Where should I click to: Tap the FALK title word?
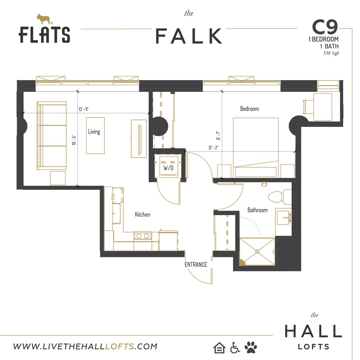pyautogui.click(x=189, y=36)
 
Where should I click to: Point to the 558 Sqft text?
pyautogui.click(x=331, y=53)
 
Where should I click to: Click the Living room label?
pyautogui.click(x=94, y=131)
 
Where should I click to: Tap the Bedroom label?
pyautogui.click(x=249, y=109)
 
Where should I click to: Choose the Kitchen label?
pyautogui.click(x=142, y=214)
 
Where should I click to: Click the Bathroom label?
pyautogui.click(x=257, y=210)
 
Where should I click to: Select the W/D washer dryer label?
pyautogui.click(x=168, y=168)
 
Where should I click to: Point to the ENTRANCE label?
pyautogui.click(x=196, y=264)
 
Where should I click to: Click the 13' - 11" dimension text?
pyautogui.click(x=83, y=109)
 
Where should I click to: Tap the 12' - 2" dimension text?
pyautogui.click(x=213, y=148)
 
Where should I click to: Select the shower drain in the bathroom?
pyautogui.click(x=257, y=252)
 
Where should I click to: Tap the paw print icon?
pyautogui.click(x=251, y=347)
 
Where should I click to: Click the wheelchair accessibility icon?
pyautogui.click(x=235, y=347)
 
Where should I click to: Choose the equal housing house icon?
pyautogui.click(x=219, y=347)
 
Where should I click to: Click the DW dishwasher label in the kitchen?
pyautogui.click(x=113, y=197)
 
